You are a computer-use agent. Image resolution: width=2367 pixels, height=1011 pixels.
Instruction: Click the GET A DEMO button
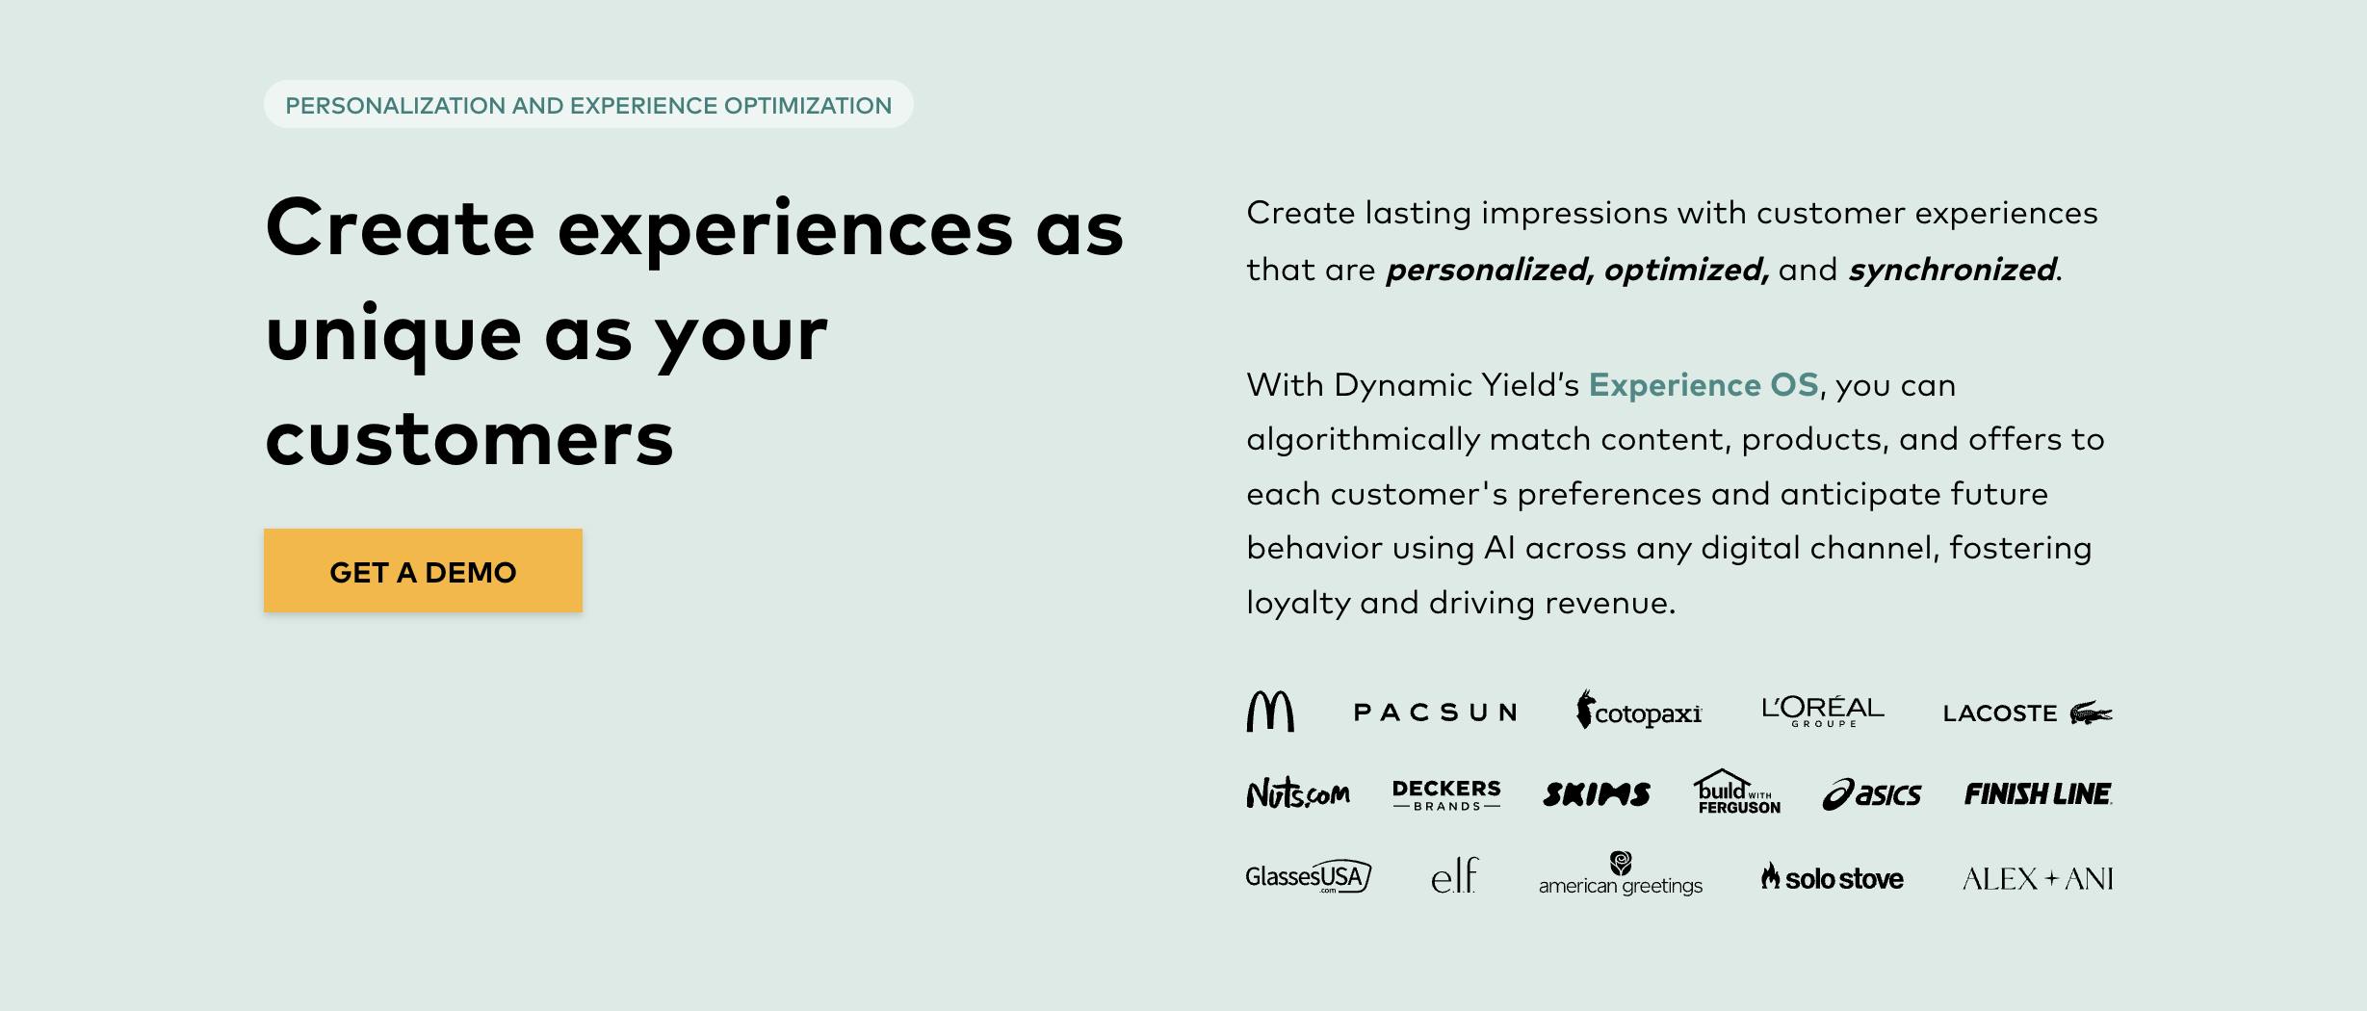coord(423,571)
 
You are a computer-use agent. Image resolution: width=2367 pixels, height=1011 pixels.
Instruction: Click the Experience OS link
coord(1703,385)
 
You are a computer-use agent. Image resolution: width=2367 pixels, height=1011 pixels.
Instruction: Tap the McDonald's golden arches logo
coord(1270,712)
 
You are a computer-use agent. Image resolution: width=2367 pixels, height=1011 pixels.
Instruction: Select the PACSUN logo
coord(1435,713)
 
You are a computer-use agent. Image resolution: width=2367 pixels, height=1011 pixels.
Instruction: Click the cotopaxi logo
coord(1639,712)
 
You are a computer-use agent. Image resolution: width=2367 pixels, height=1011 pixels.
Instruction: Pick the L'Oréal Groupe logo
coord(1823,712)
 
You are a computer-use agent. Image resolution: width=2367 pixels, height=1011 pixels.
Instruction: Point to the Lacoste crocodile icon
coord(2091,713)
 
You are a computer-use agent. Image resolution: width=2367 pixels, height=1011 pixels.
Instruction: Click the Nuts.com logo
coord(1297,793)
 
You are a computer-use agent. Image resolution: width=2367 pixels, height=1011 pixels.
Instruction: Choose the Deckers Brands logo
coord(1446,794)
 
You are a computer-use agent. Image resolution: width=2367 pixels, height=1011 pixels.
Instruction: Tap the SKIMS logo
coord(1597,794)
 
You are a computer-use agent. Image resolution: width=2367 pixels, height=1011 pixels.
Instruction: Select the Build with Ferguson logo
coord(1737,792)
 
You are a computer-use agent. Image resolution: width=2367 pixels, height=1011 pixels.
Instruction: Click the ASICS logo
coord(1871,794)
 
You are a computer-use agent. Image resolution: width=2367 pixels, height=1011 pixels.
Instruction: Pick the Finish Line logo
coord(2038,794)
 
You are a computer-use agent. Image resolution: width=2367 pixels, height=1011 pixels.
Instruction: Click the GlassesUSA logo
coord(1308,877)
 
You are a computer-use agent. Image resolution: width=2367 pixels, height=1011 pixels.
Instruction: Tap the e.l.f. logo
coord(1454,876)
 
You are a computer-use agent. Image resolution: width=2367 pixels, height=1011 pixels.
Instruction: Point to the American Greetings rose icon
coord(1621,862)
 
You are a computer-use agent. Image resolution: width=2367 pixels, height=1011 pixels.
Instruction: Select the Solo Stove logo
coord(1833,878)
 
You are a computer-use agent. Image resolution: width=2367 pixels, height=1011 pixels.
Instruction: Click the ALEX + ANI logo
coord(2038,879)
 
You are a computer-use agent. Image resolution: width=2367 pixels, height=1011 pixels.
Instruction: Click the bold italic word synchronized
coord(1952,270)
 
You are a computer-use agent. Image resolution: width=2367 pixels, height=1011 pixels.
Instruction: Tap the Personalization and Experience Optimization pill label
coord(588,105)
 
